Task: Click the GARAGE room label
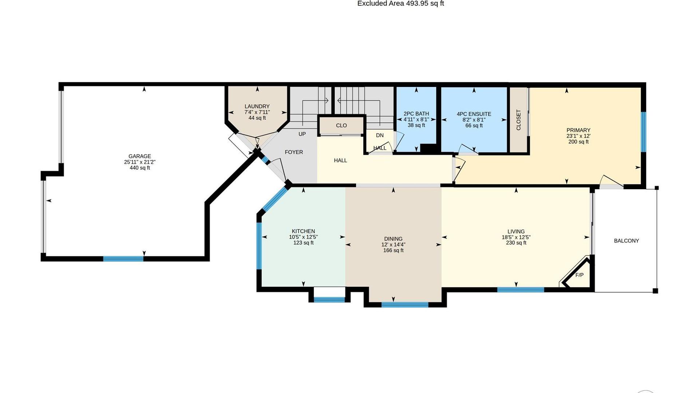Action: click(x=139, y=156)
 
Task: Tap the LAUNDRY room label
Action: click(x=257, y=106)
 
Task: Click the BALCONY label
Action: click(x=626, y=241)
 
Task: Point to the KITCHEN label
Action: click(x=303, y=231)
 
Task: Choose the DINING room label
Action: click(x=393, y=239)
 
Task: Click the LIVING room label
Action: click(x=516, y=231)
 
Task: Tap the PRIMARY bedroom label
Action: click(x=578, y=130)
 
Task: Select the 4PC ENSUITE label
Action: click(x=474, y=114)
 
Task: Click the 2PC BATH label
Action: click(x=416, y=114)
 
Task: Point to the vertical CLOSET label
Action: click(x=518, y=120)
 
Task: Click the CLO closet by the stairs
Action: click(x=341, y=126)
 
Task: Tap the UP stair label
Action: click(x=302, y=134)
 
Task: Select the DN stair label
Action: click(x=380, y=135)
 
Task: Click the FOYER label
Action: click(x=294, y=152)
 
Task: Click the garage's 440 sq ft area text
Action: click(x=140, y=168)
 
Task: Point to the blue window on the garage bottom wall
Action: click(x=123, y=259)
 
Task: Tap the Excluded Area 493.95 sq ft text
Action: click(x=400, y=4)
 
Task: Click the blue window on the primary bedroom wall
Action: click(x=643, y=132)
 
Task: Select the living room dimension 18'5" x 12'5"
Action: click(x=516, y=237)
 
